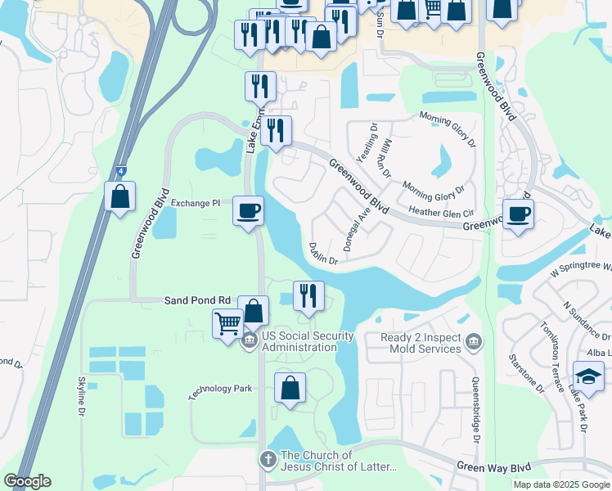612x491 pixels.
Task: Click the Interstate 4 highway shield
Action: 120,169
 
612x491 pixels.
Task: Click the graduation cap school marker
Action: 588,376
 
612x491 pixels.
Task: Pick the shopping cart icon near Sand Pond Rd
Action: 227,322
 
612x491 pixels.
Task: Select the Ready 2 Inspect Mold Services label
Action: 421,343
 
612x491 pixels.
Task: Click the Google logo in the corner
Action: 27,481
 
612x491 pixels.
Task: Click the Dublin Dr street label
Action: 323,253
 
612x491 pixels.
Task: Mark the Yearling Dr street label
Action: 367,147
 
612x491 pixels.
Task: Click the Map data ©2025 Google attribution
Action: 560,484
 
